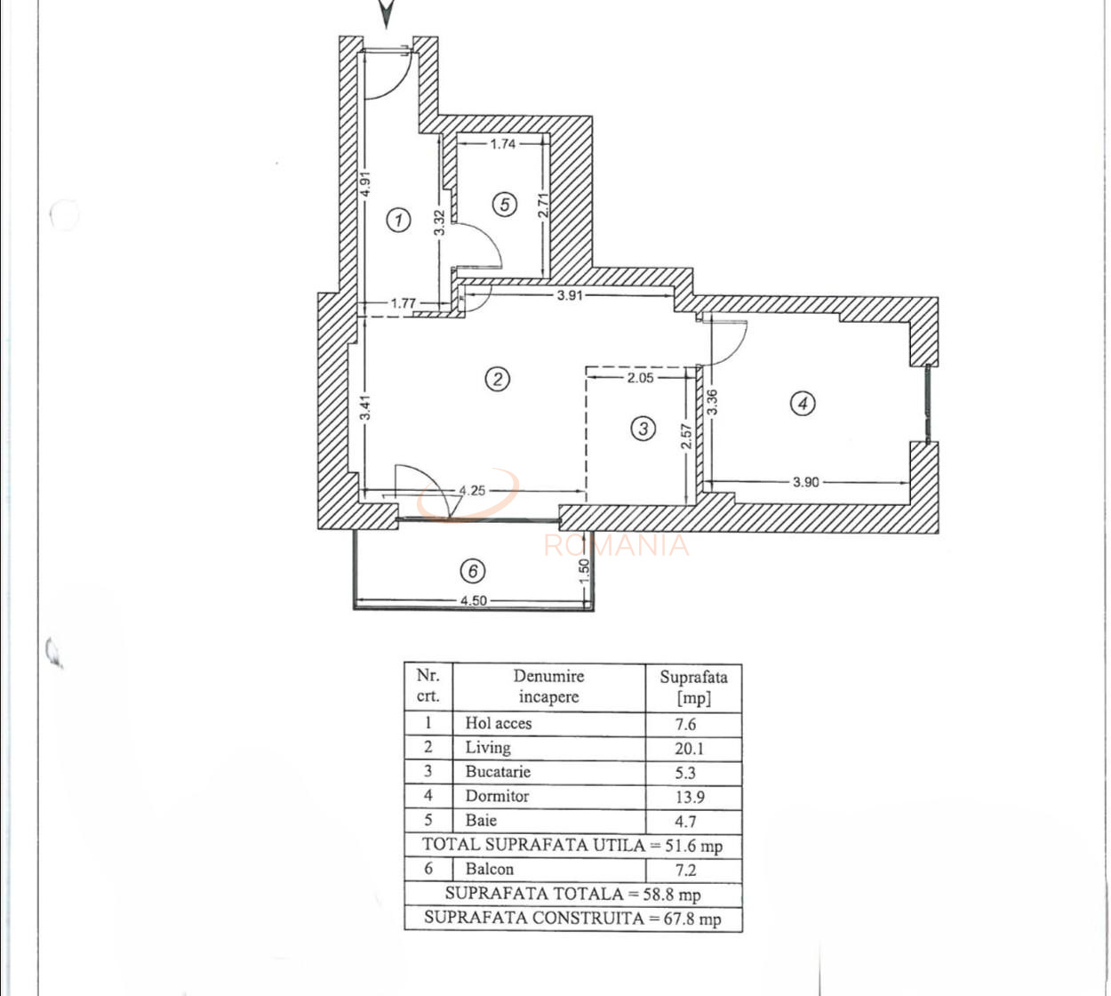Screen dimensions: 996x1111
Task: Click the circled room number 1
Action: pyautogui.click(x=399, y=219)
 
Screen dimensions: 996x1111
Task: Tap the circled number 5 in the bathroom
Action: pyautogui.click(x=504, y=205)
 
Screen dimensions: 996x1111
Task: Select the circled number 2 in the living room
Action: pyautogui.click(x=497, y=379)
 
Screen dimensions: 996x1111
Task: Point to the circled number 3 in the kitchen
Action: pyautogui.click(x=643, y=429)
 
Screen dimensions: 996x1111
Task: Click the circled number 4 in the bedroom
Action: pyautogui.click(x=803, y=403)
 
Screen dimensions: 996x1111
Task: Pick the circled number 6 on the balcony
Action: pyautogui.click(x=473, y=570)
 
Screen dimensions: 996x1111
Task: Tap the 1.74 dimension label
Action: pyautogui.click(x=502, y=142)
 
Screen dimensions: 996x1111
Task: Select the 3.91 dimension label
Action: pyautogui.click(x=570, y=295)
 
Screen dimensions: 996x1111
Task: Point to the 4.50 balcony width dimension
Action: pyautogui.click(x=473, y=600)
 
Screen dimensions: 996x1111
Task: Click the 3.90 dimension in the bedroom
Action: pyautogui.click(x=805, y=482)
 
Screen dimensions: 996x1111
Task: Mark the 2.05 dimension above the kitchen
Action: pyautogui.click(x=640, y=377)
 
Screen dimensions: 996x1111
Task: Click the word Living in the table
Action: pyautogui.click(x=488, y=747)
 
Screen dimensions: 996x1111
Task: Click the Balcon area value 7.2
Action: pyautogui.click(x=685, y=870)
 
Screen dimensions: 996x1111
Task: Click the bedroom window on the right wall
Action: pyautogui.click(x=928, y=404)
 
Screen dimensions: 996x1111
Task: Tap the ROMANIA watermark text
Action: pyautogui.click(x=616, y=545)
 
